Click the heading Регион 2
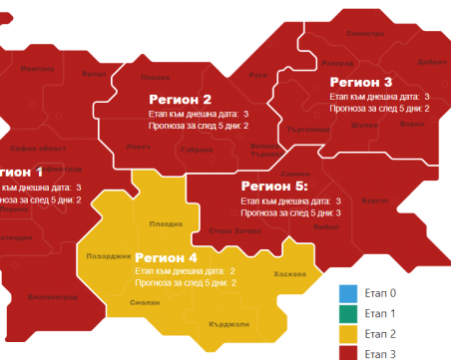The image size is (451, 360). [x=180, y=99]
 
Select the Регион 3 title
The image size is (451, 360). [x=360, y=82]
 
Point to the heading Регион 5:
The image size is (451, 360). [x=274, y=185]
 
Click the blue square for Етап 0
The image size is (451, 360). [x=346, y=294]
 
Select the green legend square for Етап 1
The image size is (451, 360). [x=346, y=313]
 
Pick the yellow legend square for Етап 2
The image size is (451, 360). [x=346, y=332]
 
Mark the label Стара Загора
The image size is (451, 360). [x=235, y=232]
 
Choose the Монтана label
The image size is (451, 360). [x=38, y=69]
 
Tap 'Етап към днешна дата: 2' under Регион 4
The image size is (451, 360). [x=191, y=270]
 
